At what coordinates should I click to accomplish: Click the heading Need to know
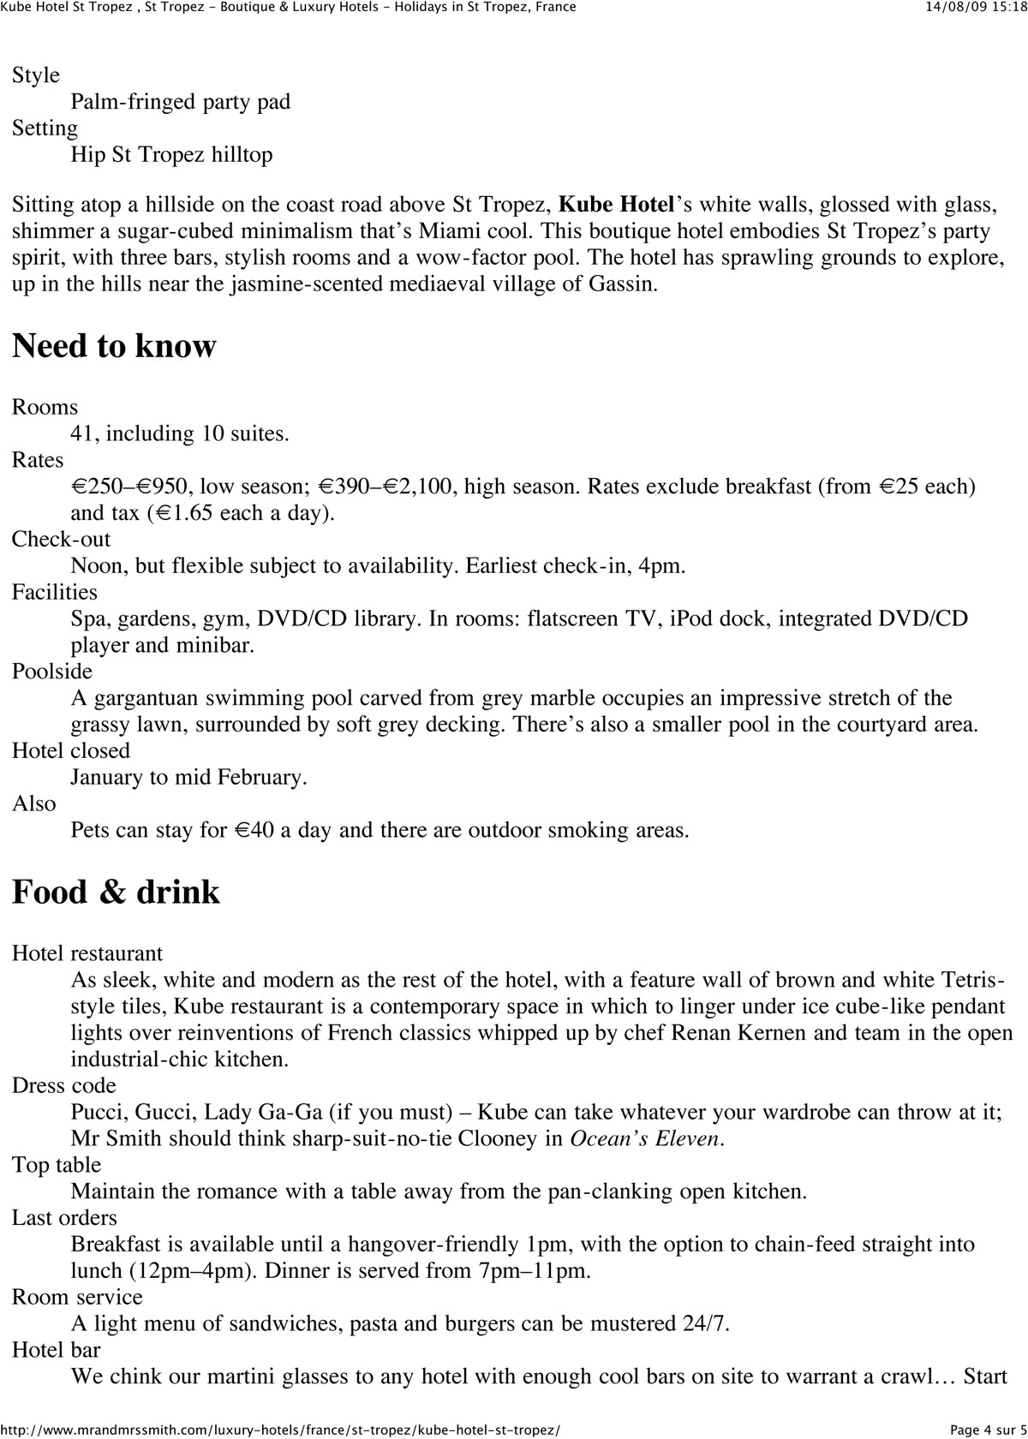coord(114,346)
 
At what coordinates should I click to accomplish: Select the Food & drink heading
coord(116,892)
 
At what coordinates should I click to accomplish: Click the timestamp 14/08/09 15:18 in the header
coord(976,7)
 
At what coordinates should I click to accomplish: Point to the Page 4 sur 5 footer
coord(988,1430)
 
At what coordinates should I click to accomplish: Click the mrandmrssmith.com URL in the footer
coord(280,1430)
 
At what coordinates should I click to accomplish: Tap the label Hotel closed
coord(71,751)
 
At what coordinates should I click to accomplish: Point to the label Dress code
coord(64,1086)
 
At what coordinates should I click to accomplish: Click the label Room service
coord(77,1298)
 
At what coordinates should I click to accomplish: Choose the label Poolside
coord(52,672)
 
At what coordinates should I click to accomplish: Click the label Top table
coord(57,1165)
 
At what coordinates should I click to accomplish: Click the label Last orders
coord(64,1218)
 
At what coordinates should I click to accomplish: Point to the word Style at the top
coord(36,75)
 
